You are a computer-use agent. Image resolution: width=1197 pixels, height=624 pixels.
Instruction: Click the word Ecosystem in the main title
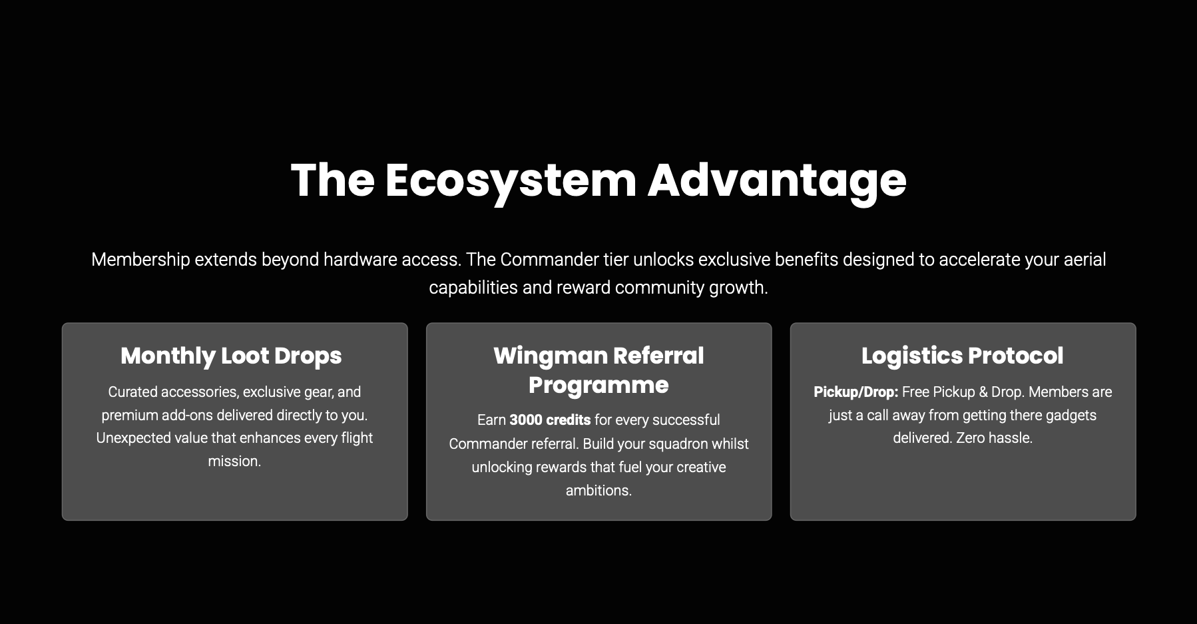(x=511, y=180)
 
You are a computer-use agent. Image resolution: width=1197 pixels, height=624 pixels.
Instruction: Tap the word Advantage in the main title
(x=777, y=180)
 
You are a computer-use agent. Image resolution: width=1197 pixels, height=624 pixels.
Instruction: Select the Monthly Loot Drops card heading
(x=231, y=356)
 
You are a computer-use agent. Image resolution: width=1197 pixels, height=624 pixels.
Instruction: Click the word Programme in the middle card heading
(x=598, y=385)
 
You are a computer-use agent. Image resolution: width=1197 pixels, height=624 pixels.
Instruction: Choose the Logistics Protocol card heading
(x=963, y=356)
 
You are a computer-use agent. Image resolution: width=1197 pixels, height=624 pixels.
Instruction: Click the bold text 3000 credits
(x=550, y=420)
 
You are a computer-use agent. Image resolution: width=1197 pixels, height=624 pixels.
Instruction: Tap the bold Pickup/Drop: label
(x=856, y=392)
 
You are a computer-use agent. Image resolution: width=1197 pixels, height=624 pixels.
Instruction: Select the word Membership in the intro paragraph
(x=140, y=260)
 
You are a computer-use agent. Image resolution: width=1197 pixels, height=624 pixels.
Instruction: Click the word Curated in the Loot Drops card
(x=132, y=392)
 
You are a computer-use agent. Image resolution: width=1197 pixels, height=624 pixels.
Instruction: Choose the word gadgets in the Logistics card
(x=1071, y=416)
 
